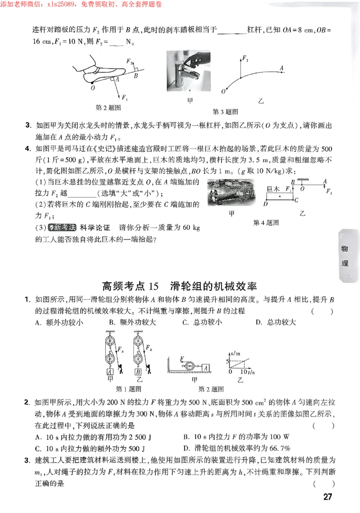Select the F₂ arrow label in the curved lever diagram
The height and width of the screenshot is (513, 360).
click(245, 58)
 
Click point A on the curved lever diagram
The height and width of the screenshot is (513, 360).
click(282, 68)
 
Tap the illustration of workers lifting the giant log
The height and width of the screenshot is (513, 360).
click(229, 193)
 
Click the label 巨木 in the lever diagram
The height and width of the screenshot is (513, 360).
click(274, 190)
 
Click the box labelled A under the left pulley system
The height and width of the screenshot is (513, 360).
click(109, 371)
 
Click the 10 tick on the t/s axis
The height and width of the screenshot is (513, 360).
click(243, 372)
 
